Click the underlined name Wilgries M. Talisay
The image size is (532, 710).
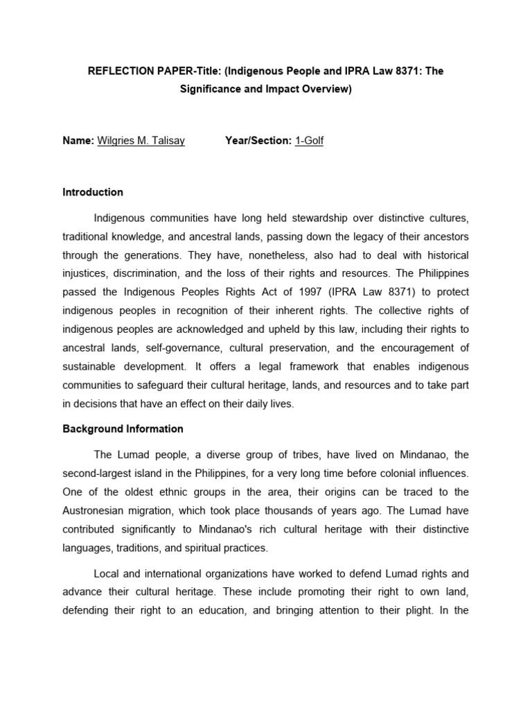click(141, 141)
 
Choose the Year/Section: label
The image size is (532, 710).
click(258, 141)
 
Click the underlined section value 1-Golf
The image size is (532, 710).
click(309, 141)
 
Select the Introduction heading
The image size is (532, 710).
click(93, 192)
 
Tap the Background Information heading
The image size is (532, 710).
click(123, 429)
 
